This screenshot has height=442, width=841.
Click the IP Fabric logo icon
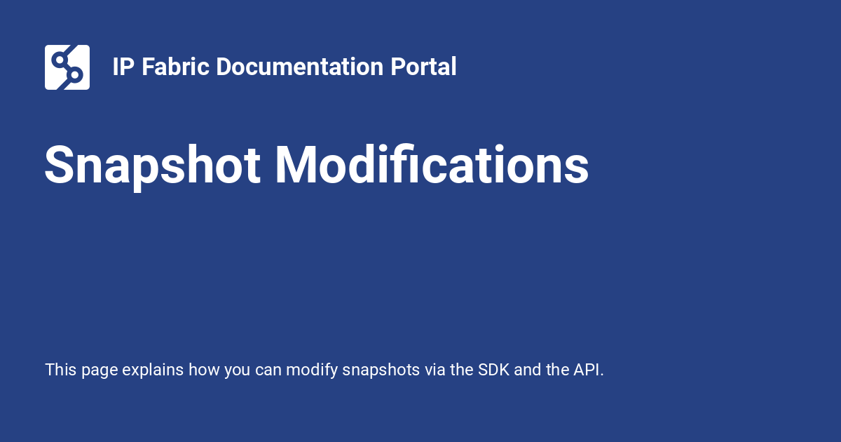(x=67, y=67)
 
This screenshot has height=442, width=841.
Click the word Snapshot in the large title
(x=153, y=166)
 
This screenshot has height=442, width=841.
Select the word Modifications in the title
(x=431, y=166)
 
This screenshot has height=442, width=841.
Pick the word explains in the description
(x=153, y=370)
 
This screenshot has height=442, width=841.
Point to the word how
(x=204, y=370)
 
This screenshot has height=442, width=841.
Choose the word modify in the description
(x=315, y=370)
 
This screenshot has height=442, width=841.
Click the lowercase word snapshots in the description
(x=381, y=370)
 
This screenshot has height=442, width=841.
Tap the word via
(x=435, y=370)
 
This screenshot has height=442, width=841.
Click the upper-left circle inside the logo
(x=59, y=59)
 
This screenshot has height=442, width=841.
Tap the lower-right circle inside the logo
(x=76, y=74)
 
